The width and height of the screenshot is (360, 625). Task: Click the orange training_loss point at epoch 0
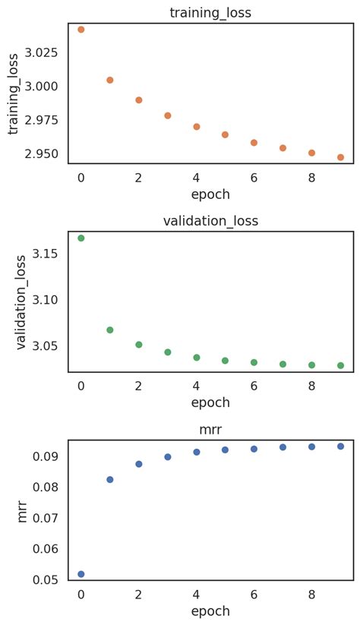tap(81, 30)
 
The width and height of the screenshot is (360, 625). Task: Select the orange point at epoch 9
tap(340, 157)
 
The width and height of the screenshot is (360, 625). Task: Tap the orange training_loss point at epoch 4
tap(197, 127)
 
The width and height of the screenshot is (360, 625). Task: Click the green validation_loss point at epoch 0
tap(81, 238)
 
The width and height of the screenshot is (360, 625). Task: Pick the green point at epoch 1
tap(110, 330)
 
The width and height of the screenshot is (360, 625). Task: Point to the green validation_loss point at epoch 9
tap(340, 365)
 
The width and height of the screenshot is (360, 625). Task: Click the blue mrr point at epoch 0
tap(81, 574)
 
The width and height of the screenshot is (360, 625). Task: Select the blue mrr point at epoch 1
tap(110, 479)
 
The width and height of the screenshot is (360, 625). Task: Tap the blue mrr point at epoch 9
tap(340, 446)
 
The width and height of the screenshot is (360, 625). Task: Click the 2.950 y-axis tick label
tap(45, 154)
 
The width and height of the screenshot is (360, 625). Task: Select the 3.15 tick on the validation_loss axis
tap(49, 253)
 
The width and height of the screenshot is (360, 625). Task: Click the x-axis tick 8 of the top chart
tap(311, 178)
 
